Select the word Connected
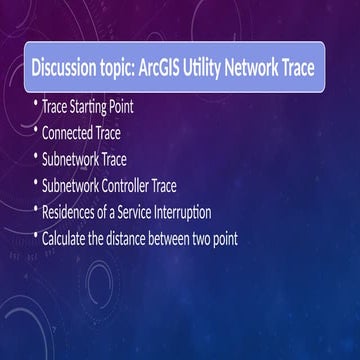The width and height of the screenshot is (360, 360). coord(68,132)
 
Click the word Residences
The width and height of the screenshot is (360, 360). coord(73,211)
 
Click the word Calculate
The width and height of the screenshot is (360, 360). coord(68,238)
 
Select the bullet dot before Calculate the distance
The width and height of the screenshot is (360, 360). coord(36,238)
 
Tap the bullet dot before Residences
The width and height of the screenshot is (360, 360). coord(36,211)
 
